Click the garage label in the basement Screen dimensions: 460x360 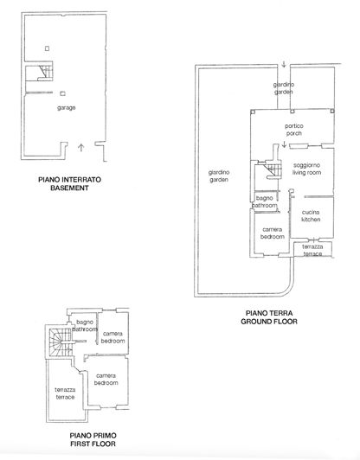[x=66, y=107]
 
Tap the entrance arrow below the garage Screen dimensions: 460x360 [x=80, y=148]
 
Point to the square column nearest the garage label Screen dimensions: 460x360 [x=64, y=93]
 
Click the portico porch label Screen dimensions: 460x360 [x=294, y=130]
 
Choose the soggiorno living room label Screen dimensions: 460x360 [x=307, y=169]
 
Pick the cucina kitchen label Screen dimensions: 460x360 [x=311, y=216]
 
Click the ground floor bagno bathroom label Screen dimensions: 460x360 [x=265, y=203]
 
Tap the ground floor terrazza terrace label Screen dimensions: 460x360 [x=312, y=249]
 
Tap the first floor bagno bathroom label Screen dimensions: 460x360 [x=84, y=326]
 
